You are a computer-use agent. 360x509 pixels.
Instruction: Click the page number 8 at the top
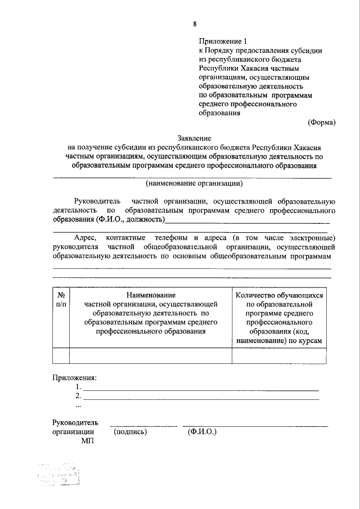[195, 24]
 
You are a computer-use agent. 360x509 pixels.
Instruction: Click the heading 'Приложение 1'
[223, 41]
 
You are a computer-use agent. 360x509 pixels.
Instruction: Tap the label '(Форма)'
[322, 122]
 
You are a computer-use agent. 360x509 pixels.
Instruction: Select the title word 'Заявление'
[194, 138]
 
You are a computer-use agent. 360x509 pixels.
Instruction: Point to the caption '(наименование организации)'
[194, 183]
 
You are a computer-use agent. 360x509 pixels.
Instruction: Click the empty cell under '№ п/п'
[61, 356]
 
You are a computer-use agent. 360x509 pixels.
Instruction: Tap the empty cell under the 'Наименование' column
[151, 356]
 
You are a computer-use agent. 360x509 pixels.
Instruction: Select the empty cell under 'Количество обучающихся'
[279, 356]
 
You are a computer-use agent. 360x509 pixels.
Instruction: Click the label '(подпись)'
[130, 432]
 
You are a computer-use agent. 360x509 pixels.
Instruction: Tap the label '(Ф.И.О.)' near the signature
[202, 432]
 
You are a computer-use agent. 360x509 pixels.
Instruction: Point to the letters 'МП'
[87, 442]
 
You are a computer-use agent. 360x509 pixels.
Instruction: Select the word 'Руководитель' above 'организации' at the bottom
[75, 422]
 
